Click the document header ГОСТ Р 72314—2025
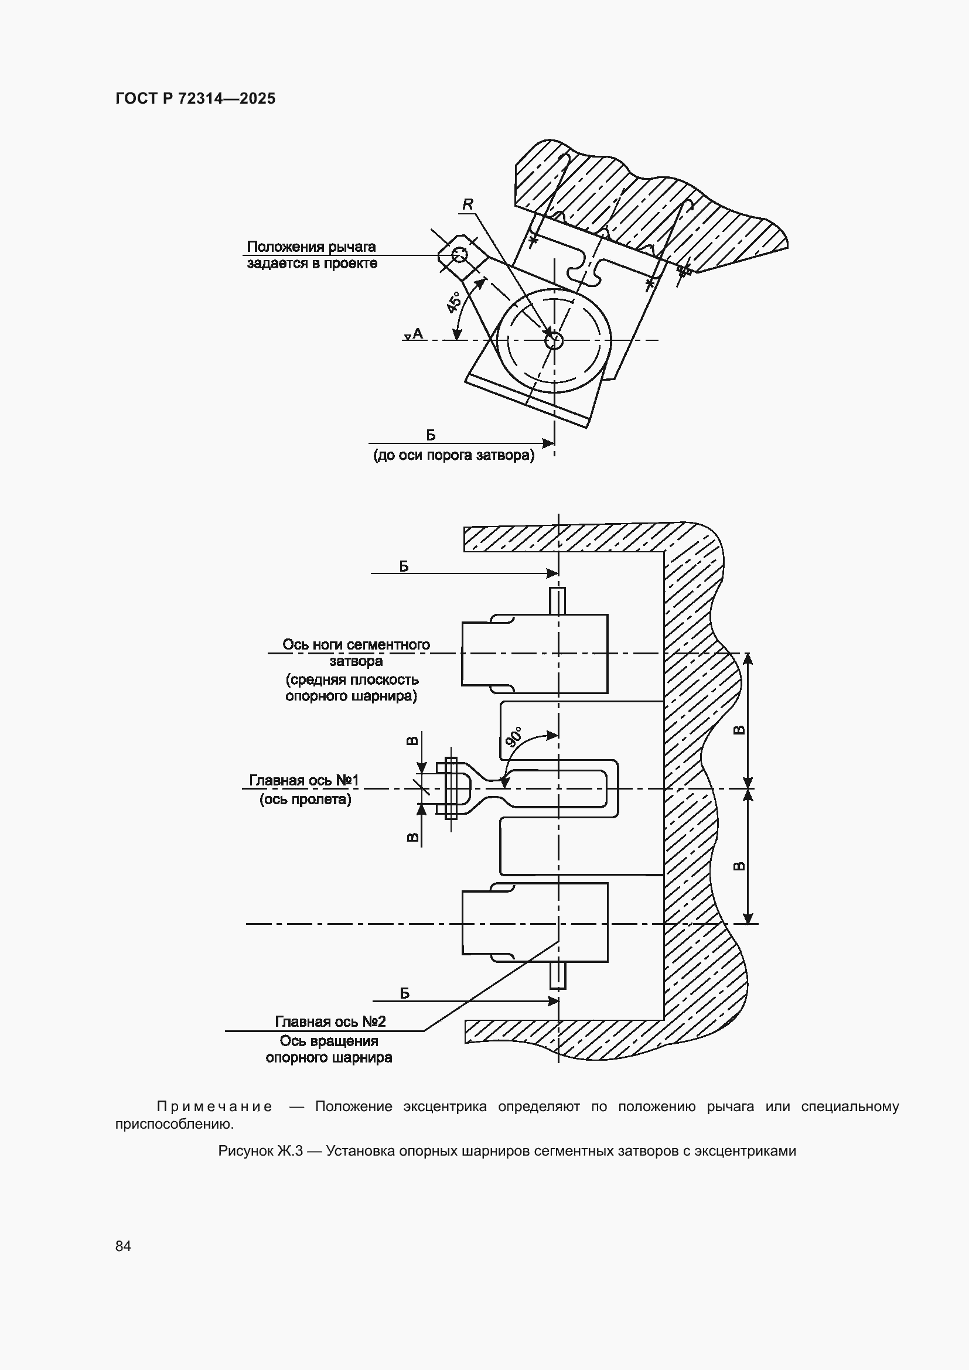(195, 99)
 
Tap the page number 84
(123, 1246)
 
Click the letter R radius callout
(467, 204)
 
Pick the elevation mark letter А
(418, 333)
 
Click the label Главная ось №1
(303, 780)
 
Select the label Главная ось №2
(330, 1021)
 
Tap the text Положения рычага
(311, 247)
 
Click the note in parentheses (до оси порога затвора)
(454, 455)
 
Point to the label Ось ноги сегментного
(356, 644)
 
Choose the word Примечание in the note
(214, 1106)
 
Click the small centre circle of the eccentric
(554, 340)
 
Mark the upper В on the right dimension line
(738, 730)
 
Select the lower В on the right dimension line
(738, 866)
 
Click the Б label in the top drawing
(431, 435)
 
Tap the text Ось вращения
(329, 1041)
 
